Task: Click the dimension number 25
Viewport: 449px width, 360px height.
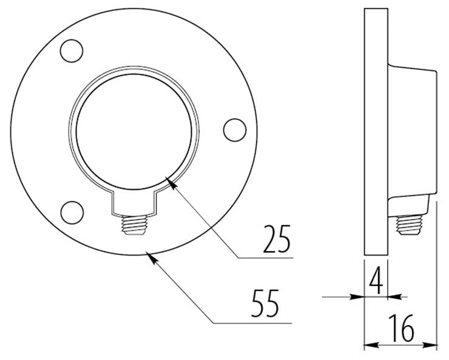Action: click(277, 239)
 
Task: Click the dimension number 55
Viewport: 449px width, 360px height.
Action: click(265, 303)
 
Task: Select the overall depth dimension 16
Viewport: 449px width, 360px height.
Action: click(401, 328)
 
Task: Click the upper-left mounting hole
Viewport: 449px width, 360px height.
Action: click(72, 51)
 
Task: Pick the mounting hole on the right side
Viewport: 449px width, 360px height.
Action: click(235, 130)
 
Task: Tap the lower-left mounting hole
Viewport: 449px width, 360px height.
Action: click(72, 212)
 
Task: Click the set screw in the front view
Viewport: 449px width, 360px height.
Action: click(134, 225)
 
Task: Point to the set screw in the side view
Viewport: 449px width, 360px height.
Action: click(409, 225)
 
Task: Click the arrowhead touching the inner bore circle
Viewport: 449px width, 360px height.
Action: click(171, 183)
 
